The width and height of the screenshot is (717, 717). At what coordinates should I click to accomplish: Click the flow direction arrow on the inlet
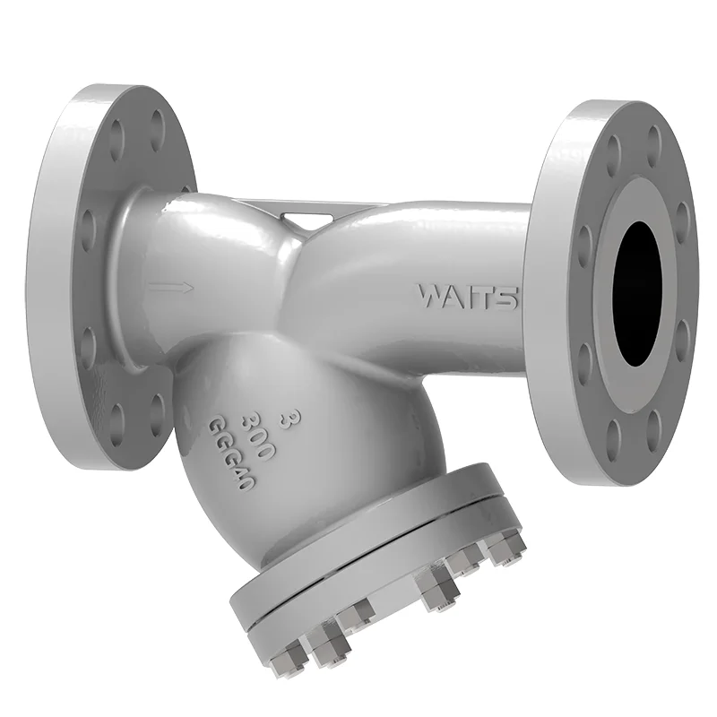(171, 288)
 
